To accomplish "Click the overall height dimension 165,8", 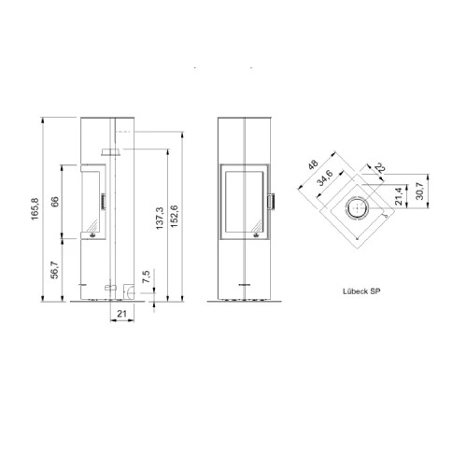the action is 35,209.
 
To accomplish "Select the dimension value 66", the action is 55,202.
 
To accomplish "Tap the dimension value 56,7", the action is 54,270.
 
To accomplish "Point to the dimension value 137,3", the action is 160,219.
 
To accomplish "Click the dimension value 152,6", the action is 174,216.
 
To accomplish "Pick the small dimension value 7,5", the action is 146,276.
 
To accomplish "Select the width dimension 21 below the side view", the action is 121,314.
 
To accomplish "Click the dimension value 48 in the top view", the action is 313,164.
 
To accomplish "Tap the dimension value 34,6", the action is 325,177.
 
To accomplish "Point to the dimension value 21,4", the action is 399,195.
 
